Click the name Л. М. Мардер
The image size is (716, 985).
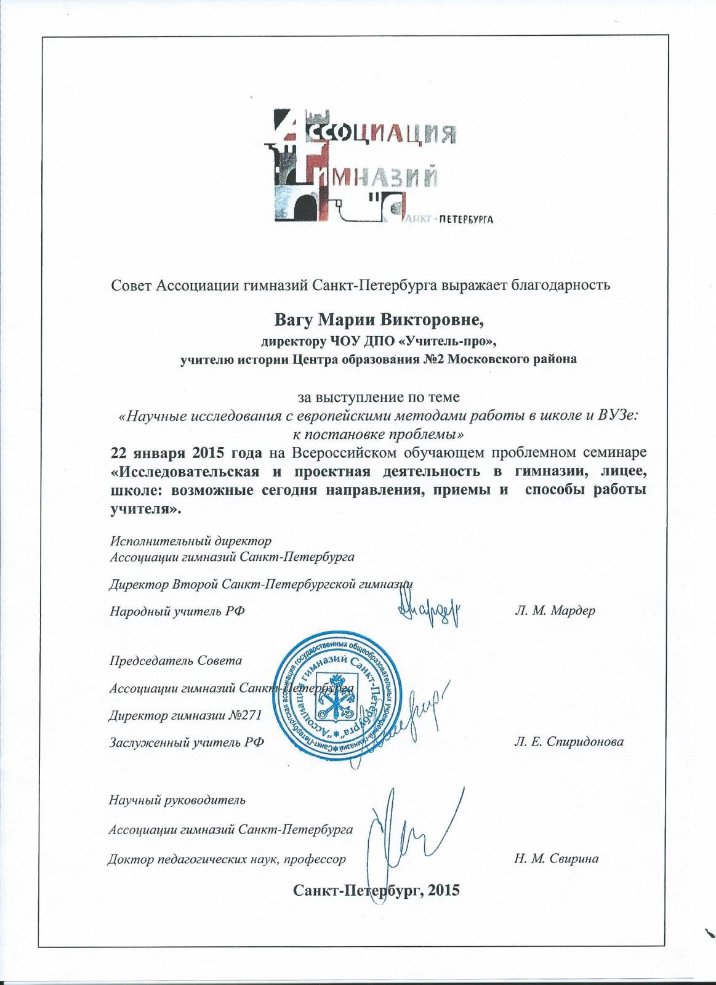point(554,611)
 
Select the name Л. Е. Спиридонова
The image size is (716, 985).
point(568,742)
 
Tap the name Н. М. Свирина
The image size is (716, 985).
point(556,859)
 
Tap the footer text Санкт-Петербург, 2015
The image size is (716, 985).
point(377,889)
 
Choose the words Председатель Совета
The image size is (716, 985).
point(175,661)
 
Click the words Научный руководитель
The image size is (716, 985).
point(177,800)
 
